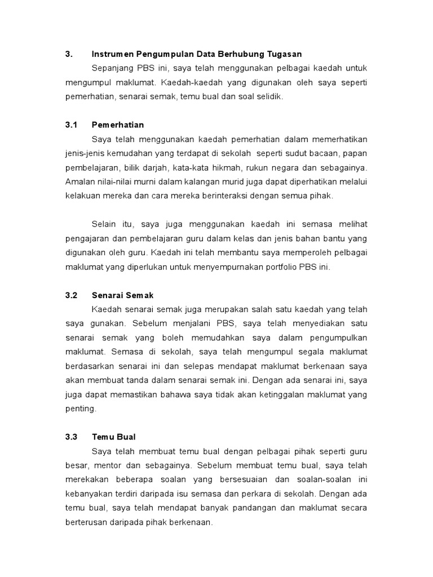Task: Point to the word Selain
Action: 104,224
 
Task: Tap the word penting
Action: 81,409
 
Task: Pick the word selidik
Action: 269,97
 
